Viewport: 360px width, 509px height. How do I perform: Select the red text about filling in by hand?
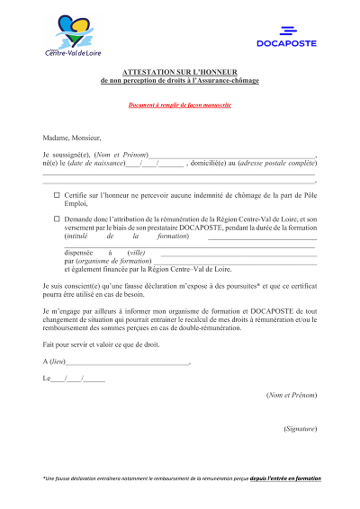[179, 105]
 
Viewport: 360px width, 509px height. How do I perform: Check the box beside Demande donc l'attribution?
[57, 219]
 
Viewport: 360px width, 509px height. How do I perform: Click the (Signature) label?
[299, 429]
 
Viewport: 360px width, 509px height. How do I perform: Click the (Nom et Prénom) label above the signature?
[292, 395]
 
